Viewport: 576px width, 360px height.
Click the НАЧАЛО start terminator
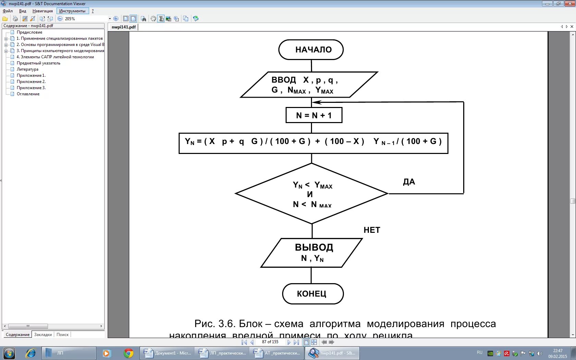pyautogui.click(x=311, y=50)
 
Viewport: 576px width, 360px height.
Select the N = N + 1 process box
pyautogui.click(x=314, y=115)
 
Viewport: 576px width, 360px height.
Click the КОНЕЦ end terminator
pyautogui.click(x=312, y=294)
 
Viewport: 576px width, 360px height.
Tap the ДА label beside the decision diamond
pyautogui.click(x=409, y=182)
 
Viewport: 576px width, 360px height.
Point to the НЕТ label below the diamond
pyautogui.click(x=372, y=230)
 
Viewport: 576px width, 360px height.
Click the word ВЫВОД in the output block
pyautogui.click(x=314, y=247)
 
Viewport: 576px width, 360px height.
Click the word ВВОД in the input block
pyautogui.click(x=284, y=80)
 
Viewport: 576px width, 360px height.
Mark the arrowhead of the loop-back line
pyautogui.click(x=315, y=102)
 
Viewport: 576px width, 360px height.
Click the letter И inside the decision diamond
pyautogui.click(x=310, y=194)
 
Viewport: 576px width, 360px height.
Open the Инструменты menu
pyautogui.click(x=72, y=11)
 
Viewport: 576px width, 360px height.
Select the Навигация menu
pyautogui.click(x=43, y=11)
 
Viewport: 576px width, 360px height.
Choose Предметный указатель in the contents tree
pyautogui.click(x=38, y=63)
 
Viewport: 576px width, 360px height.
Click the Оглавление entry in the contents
pyautogui.click(x=28, y=94)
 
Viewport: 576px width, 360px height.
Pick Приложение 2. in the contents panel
pyautogui.click(x=31, y=82)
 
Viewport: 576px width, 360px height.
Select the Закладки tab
pyautogui.click(x=43, y=335)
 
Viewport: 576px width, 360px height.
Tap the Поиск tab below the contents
pyautogui.click(x=62, y=335)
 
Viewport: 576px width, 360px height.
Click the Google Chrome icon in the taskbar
pyautogui.click(x=129, y=353)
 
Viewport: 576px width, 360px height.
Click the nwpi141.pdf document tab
pyautogui.click(x=123, y=27)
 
